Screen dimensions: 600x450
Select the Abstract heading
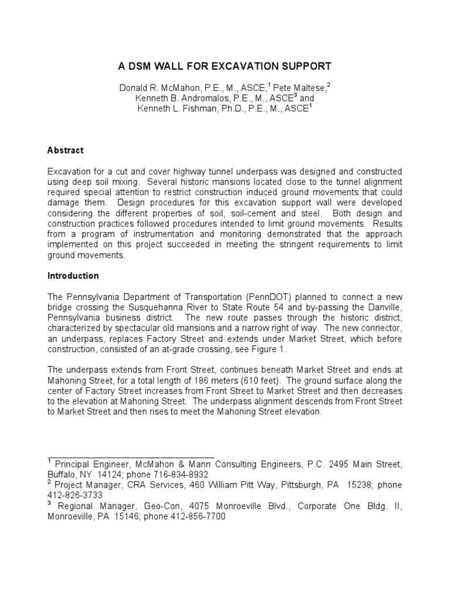(x=65, y=151)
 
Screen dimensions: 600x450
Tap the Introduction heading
(x=73, y=276)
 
